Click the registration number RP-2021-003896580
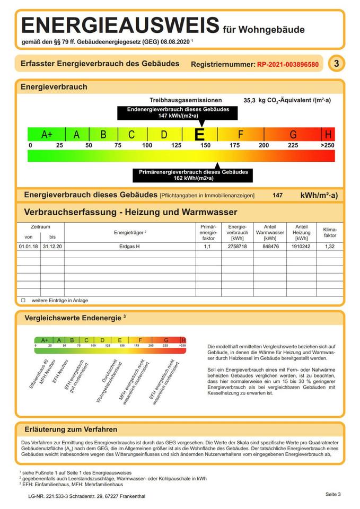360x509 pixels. [288, 64]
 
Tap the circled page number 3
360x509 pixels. [336, 64]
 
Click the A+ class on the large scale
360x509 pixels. [47, 135]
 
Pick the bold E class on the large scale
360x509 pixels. [200, 135]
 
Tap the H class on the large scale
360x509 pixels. [328, 135]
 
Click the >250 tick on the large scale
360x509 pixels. [328, 145]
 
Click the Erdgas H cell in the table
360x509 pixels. [130, 247]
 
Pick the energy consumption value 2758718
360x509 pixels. [237, 247]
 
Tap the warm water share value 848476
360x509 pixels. [270, 247]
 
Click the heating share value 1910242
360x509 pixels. [301, 247]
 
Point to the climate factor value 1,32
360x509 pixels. [329, 247]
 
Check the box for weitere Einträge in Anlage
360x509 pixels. [23, 300]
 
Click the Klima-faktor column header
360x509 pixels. [329, 232]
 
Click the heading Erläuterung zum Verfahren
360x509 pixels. [71, 429]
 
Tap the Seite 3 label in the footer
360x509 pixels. [333, 494]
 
